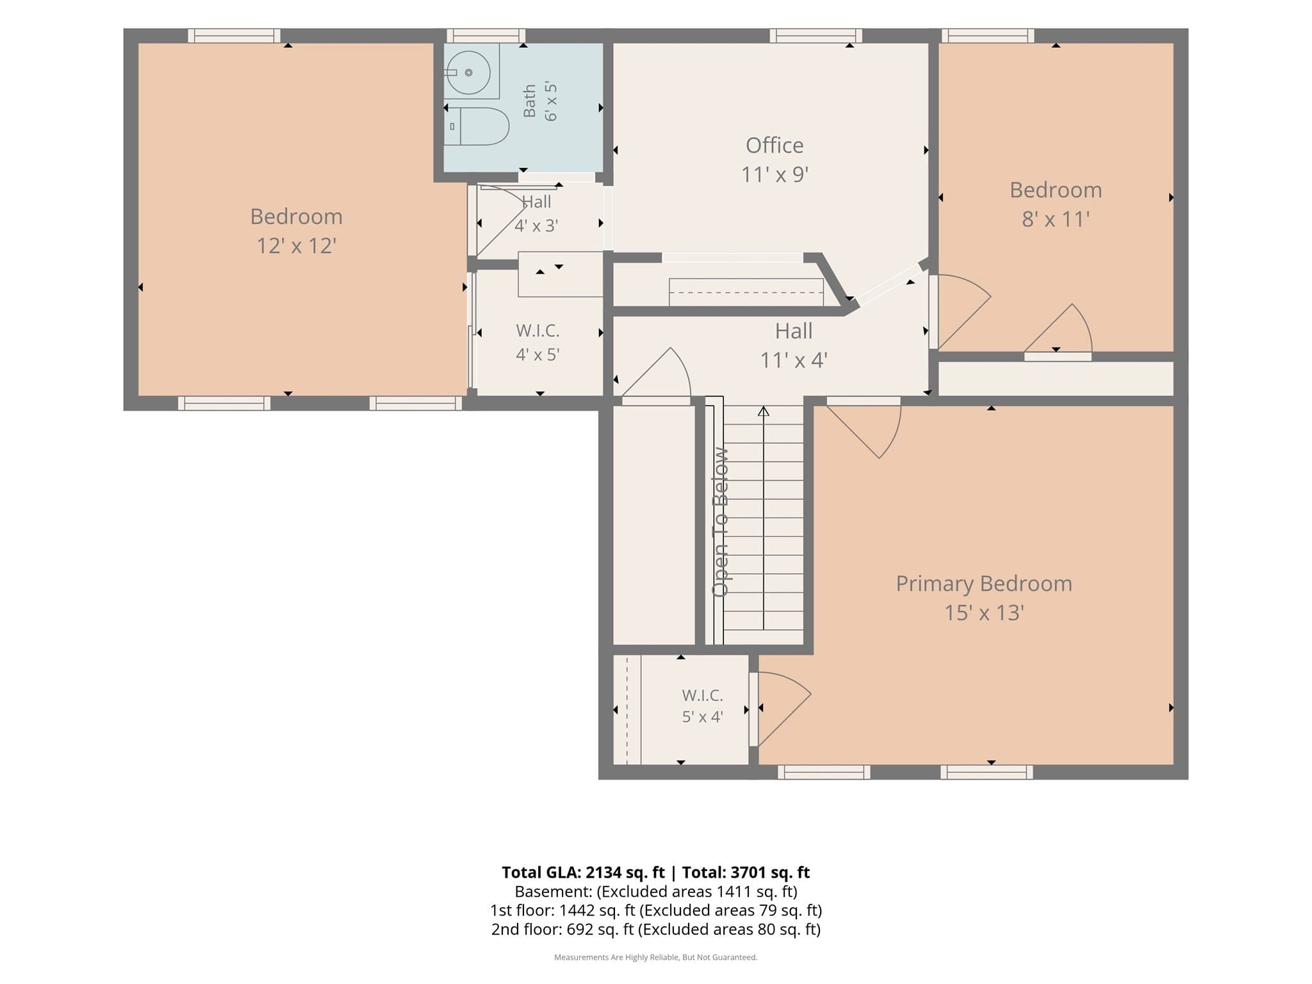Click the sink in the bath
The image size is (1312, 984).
click(468, 72)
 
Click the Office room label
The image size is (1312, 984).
click(775, 145)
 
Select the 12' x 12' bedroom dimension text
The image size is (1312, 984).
click(297, 245)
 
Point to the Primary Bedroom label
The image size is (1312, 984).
click(984, 584)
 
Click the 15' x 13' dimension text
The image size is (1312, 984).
click(984, 613)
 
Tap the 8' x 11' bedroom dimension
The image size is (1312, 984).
click(1056, 220)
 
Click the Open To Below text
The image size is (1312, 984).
click(721, 522)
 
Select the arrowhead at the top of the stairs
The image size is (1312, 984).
click(763, 411)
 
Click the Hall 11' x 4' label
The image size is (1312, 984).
click(794, 345)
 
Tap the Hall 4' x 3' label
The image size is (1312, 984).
click(537, 214)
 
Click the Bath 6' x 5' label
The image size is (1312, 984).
click(540, 101)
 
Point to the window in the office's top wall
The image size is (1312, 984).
click(816, 36)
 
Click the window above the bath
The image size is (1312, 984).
click(486, 36)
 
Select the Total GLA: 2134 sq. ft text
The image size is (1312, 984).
click(583, 873)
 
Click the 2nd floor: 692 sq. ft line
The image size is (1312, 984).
click(656, 930)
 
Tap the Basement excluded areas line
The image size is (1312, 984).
click(656, 892)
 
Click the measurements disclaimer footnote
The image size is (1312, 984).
click(656, 958)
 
